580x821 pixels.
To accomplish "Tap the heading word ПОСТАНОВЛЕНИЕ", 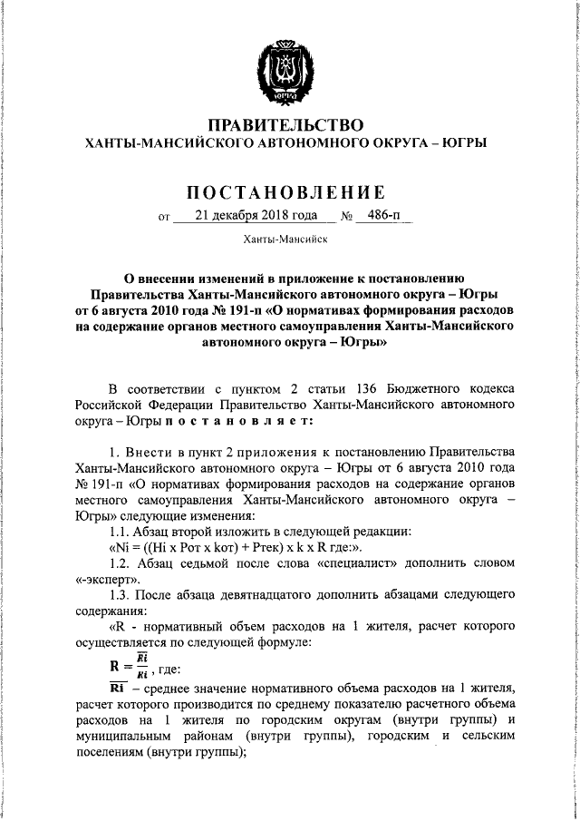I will pyautogui.click(x=285, y=192).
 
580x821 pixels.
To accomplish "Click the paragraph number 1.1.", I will pyautogui.click(x=118, y=532).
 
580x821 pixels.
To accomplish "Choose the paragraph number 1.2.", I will pyautogui.click(x=118, y=563).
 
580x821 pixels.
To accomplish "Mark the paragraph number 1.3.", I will pyautogui.click(x=118, y=594).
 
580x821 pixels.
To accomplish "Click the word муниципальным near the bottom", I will pyautogui.click(x=123, y=737).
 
